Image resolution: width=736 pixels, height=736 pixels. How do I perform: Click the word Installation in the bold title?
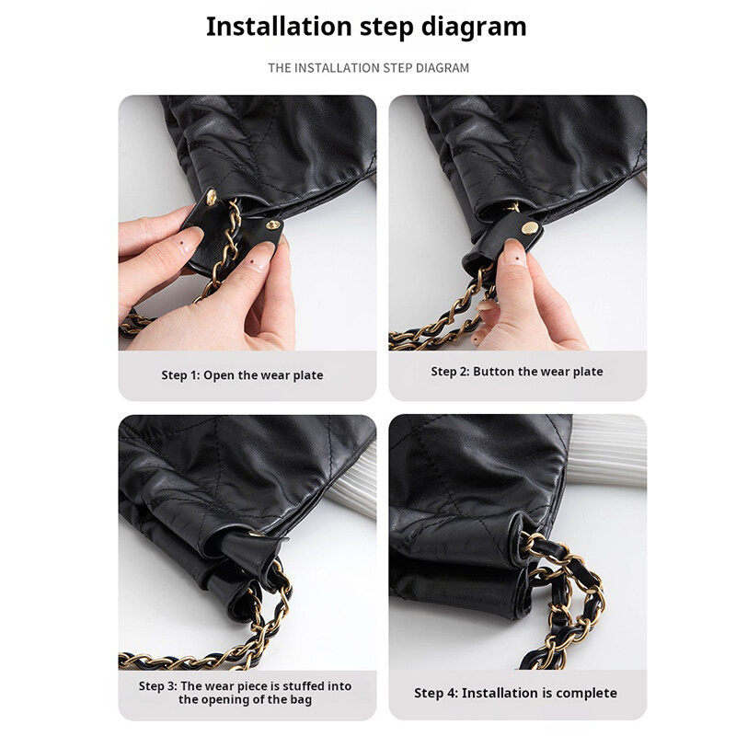coord(279,27)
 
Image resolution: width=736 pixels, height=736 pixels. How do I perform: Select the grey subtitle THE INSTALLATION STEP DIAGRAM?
coord(369,68)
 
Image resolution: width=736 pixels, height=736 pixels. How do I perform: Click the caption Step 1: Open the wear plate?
coord(242,375)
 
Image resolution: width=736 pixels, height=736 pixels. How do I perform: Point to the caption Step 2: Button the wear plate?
coord(517,372)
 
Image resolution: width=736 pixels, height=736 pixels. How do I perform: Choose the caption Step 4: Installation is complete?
coord(515,694)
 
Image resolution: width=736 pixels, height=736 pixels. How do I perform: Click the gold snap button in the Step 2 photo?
coord(531,228)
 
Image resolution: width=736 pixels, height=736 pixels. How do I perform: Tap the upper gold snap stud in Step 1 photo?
coord(212,197)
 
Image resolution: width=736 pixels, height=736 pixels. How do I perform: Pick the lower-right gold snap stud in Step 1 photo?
coord(273,225)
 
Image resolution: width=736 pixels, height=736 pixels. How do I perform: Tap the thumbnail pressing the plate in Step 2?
coord(513,254)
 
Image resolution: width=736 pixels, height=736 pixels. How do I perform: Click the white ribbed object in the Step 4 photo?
coord(609,451)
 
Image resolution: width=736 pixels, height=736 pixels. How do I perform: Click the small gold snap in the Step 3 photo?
coord(256,534)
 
